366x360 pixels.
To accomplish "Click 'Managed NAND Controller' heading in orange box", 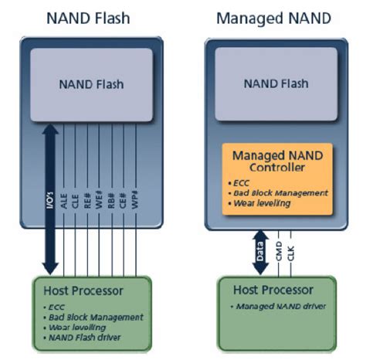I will coord(276,161).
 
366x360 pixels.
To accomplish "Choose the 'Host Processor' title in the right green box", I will coord(276,290).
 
